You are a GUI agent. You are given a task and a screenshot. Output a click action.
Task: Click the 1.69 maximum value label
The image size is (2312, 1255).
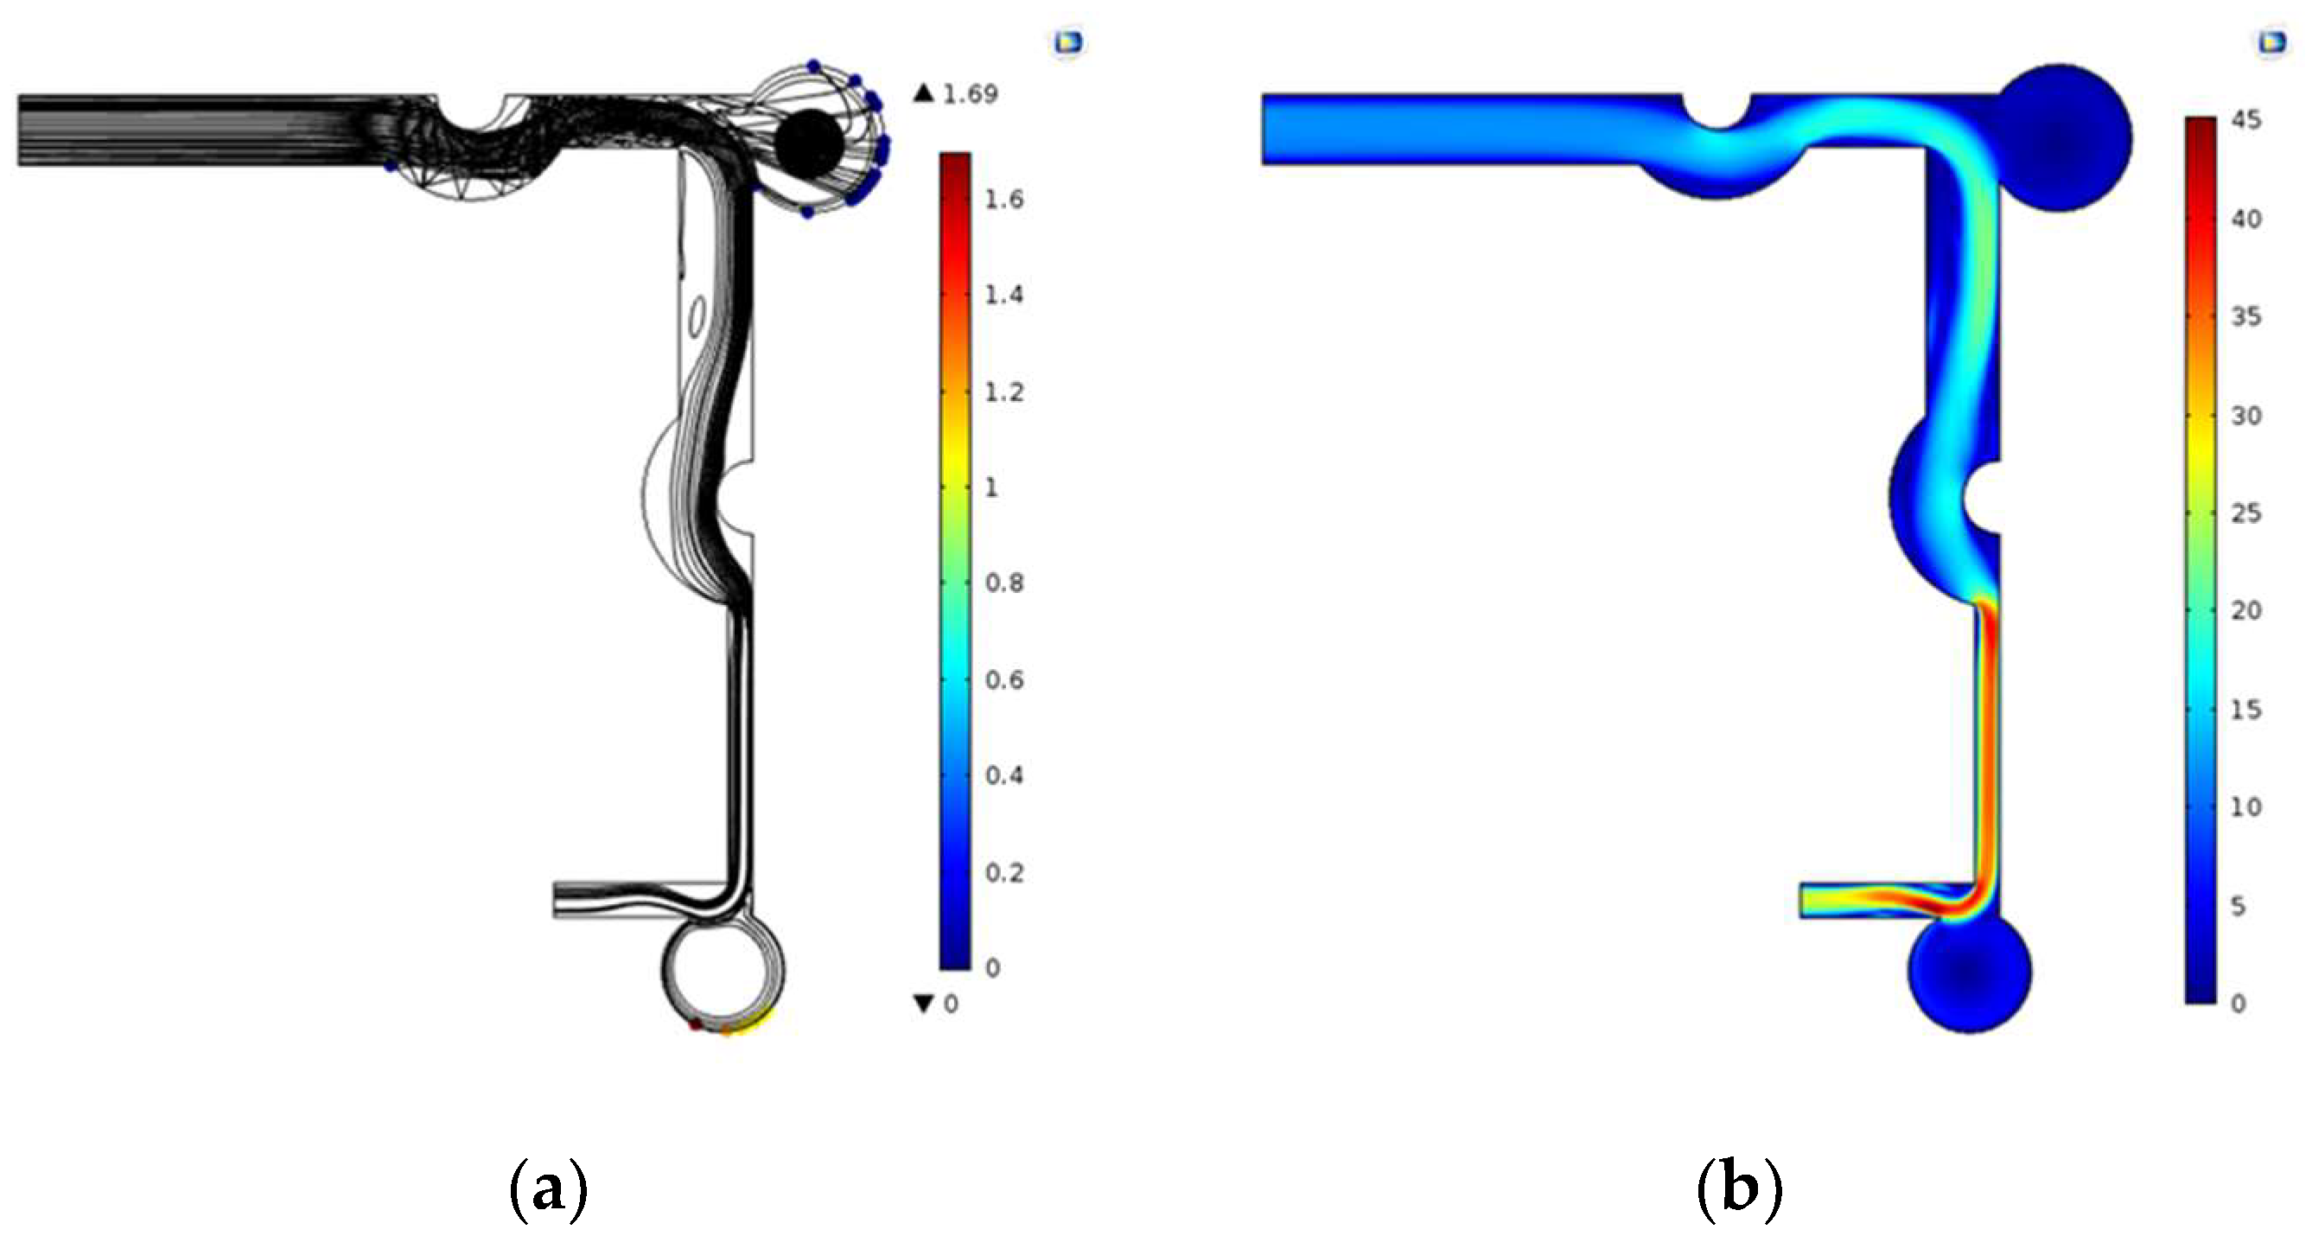pyautogui.click(x=971, y=94)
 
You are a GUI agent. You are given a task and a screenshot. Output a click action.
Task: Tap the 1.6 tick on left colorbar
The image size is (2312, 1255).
pyautogui.click(x=1004, y=199)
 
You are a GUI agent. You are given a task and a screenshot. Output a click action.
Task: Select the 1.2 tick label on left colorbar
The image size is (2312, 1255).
pyautogui.click(x=1004, y=392)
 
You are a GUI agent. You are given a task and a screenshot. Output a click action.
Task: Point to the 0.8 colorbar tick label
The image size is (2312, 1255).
pyautogui.click(x=1004, y=583)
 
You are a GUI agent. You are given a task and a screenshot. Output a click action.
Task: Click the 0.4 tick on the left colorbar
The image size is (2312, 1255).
pyautogui.click(x=1004, y=775)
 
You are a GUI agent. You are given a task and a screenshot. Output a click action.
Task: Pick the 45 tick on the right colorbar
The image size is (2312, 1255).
pyautogui.click(x=2246, y=119)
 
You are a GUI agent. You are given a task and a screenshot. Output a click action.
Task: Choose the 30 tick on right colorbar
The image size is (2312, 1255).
pyautogui.click(x=2246, y=415)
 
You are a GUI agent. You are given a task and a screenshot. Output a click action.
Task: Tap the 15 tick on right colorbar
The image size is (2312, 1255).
pyautogui.click(x=2246, y=710)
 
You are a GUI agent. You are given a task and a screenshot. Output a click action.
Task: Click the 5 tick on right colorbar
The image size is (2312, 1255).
pyautogui.click(x=2239, y=906)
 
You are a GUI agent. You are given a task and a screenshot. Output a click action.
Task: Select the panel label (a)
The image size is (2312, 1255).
pyautogui.click(x=548, y=1190)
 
